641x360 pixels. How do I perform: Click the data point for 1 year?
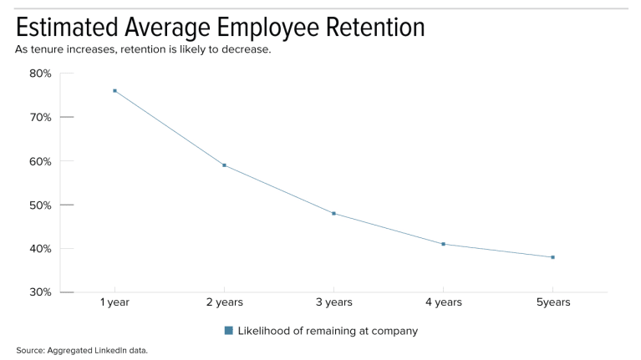[114, 90]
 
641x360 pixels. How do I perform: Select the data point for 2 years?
[224, 165]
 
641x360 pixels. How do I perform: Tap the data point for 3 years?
[333, 214]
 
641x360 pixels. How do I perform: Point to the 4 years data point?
[443, 244]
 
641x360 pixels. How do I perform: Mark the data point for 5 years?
[552, 257]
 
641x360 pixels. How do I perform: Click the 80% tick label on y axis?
[40, 74]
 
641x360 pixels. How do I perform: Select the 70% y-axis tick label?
[40, 117]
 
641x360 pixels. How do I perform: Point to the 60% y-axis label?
[40, 161]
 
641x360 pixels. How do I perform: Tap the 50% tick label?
[40, 205]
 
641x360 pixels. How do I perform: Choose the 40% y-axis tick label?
[40, 249]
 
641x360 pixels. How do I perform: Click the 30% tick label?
[40, 292]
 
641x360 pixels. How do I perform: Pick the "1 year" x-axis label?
[114, 302]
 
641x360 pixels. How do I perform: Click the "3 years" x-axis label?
[333, 302]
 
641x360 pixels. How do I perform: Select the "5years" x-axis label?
[552, 302]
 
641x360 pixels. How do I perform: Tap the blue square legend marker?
[228, 331]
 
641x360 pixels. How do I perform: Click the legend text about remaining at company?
[328, 331]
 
